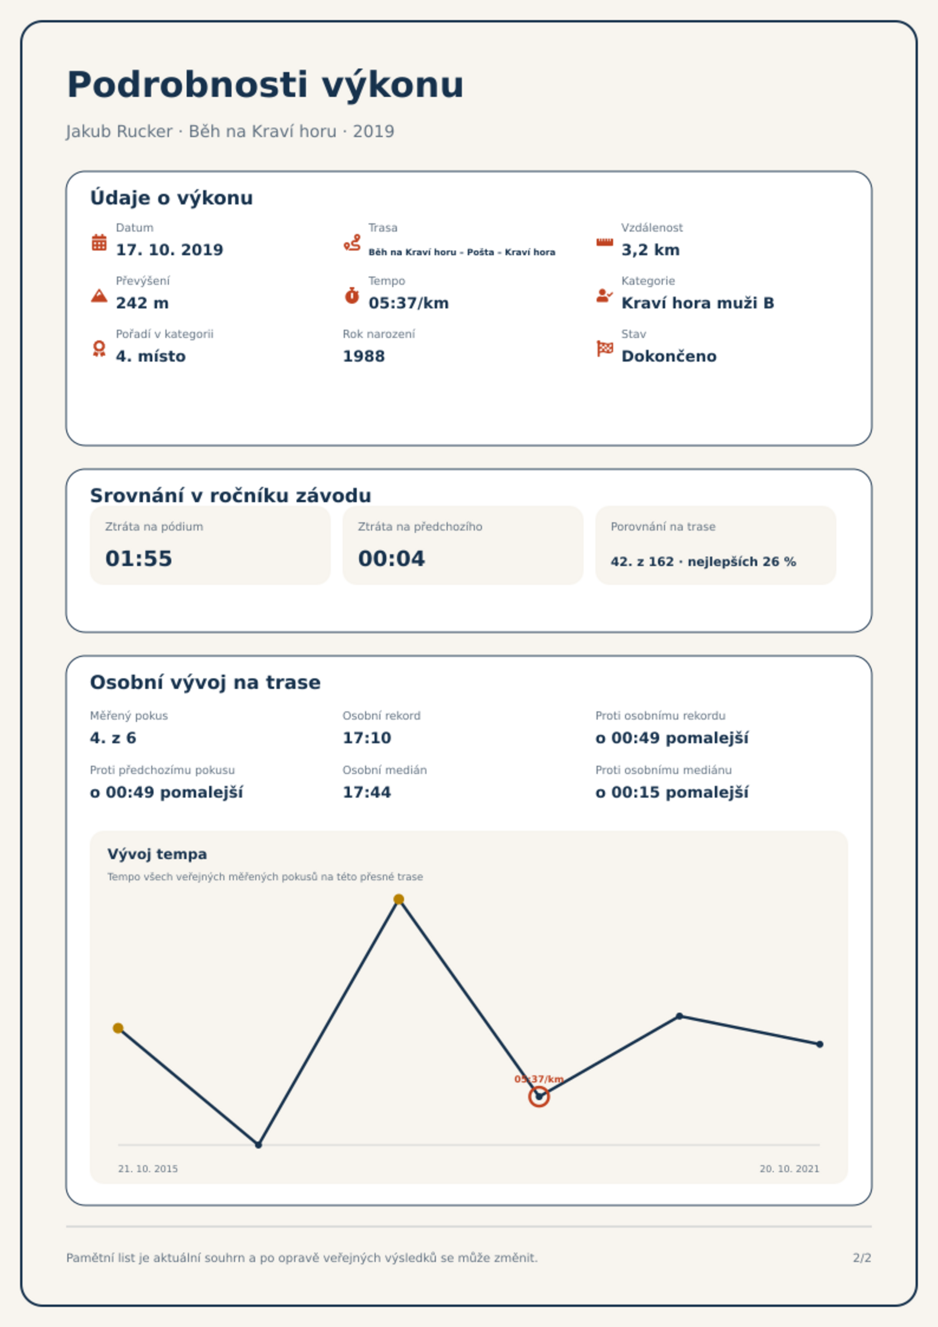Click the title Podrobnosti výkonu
click(265, 85)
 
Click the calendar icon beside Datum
click(99, 242)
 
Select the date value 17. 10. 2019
click(170, 250)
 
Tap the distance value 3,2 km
click(650, 250)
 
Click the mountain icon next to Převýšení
click(99, 295)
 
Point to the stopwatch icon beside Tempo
click(352, 295)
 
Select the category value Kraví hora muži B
click(698, 303)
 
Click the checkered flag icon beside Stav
click(605, 349)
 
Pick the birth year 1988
click(364, 356)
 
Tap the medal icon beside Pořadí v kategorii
click(99, 349)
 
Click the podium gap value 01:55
click(139, 559)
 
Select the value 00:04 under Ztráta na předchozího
click(392, 559)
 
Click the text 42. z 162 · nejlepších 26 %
click(703, 562)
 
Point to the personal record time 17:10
click(367, 738)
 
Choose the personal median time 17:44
click(367, 792)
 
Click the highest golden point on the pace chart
click(399, 899)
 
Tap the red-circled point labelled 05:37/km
click(539, 1097)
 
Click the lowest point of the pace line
click(258, 1144)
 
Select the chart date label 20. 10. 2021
click(789, 1169)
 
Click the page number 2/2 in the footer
click(862, 1258)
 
